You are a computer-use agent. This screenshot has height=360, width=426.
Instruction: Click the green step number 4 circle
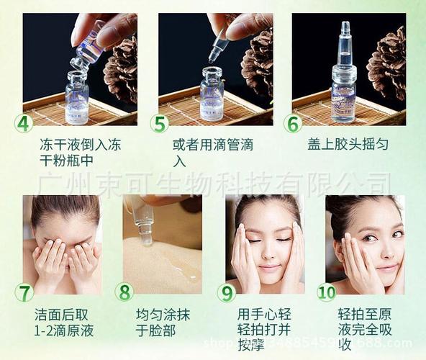tap(24, 123)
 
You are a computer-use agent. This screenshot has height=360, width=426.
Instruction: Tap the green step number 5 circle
tap(159, 123)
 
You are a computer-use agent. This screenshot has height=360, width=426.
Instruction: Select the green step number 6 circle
tap(292, 123)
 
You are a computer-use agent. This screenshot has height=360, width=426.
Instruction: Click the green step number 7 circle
tap(24, 293)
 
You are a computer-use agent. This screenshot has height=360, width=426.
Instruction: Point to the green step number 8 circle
tap(124, 292)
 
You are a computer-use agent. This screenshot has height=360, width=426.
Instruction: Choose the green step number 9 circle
tap(227, 293)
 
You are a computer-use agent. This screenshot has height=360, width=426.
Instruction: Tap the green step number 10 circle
tap(327, 292)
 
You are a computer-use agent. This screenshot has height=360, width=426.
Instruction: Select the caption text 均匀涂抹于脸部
tap(165, 323)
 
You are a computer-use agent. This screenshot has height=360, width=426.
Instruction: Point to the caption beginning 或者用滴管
tap(213, 152)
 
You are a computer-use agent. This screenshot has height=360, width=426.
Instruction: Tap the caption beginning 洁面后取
tap(64, 323)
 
